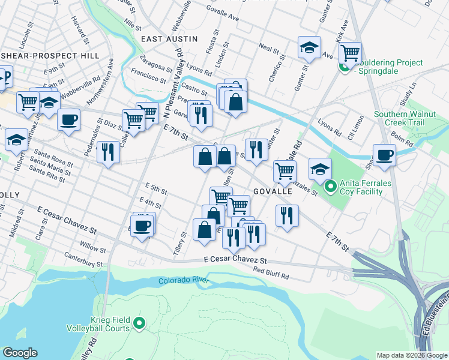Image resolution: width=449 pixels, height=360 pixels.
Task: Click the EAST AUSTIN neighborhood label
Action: pos(169,39)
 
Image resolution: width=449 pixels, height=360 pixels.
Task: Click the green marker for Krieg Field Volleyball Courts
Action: pos(139,324)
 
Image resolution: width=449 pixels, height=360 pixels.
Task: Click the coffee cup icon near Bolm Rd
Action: pos(384,155)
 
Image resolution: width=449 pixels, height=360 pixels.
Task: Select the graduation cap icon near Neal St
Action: pos(309,47)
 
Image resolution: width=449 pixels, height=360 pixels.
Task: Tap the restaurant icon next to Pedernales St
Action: pos(108,151)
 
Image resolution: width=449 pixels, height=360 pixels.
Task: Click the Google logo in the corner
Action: pos(20,353)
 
